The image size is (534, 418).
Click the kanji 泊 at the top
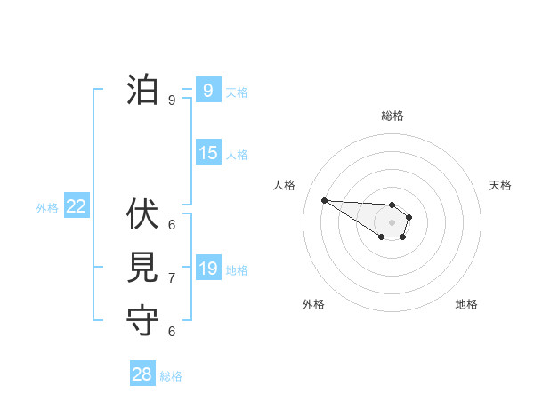[143, 90]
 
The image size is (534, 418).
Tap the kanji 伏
[143, 213]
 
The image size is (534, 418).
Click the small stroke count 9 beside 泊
[172, 100]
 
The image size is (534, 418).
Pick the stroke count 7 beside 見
[172, 278]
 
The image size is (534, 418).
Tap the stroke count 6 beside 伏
[172, 224]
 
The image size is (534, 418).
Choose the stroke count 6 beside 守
[172, 332]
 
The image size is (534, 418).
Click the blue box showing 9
[207, 90]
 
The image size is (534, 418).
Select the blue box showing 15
[207, 153]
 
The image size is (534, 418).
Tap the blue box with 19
[207, 269]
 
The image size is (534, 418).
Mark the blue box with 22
[76, 206]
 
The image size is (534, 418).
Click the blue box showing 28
[142, 374]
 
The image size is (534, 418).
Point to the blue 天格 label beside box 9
[237, 92]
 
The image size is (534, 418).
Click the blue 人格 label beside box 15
[237, 155]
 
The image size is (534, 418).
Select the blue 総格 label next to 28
[171, 376]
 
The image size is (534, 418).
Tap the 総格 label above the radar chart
[392, 116]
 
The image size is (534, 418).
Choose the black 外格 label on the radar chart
[313, 304]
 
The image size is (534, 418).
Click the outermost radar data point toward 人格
[324, 200]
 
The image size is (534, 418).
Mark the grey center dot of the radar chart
[392, 222]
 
